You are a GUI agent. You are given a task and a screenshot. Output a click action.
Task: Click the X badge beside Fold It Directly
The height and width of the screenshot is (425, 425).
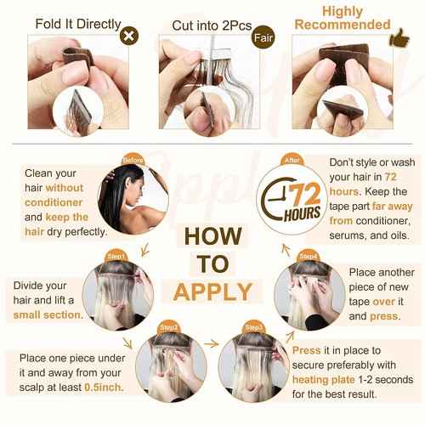pyautogui.click(x=129, y=36)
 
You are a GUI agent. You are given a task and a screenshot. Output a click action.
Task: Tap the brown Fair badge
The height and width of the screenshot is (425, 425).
pyautogui.click(x=263, y=37)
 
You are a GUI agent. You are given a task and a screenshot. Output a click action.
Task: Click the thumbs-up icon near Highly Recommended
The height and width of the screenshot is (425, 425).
pyautogui.click(x=399, y=38)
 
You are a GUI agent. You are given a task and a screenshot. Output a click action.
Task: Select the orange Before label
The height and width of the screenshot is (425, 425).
pyautogui.click(x=133, y=161)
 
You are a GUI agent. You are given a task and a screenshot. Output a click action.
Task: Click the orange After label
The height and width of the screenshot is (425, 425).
pyautogui.click(x=292, y=160)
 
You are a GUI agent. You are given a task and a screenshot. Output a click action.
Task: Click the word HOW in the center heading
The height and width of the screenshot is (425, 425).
pyautogui.click(x=213, y=236)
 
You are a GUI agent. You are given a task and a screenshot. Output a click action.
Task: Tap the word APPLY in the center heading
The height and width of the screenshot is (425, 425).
pyautogui.click(x=212, y=292)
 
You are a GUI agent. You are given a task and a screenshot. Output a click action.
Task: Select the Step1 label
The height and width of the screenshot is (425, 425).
pyautogui.click(x=116, y=257)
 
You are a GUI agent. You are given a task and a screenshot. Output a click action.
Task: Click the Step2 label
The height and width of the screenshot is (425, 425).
pyautogui.click(x=169, y=327)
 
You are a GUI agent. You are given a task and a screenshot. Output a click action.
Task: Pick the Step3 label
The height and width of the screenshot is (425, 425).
pyautogui.click(x=253, y=327)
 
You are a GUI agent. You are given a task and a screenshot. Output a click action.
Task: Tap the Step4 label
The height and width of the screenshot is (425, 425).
pyautogui.click(x=309, y=257)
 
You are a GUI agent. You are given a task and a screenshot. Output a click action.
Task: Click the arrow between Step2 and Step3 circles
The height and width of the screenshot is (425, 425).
pyautogui.click(x=212, y=344)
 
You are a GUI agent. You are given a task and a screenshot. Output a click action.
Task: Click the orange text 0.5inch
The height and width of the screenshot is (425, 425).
pyautogui.click(x=104, y=388)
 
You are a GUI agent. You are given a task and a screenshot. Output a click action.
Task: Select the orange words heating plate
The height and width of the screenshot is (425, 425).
pyautogui.click(x=324, y=380)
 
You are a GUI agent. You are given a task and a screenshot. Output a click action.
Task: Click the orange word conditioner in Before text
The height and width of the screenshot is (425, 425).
pyautogui.click(x=54, y=202)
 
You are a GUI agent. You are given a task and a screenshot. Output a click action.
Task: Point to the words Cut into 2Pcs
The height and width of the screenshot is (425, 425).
pyautogui.click(x=212, y=25)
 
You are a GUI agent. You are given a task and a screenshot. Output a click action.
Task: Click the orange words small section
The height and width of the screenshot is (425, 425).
pyautogui.click(x=47, y=315)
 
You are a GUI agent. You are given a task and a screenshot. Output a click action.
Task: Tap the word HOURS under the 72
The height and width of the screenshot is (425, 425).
pyautogui.click(x=302, y=213)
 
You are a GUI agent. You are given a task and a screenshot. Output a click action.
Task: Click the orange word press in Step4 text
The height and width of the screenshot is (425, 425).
pyautogui.click(x=384, y=316)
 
